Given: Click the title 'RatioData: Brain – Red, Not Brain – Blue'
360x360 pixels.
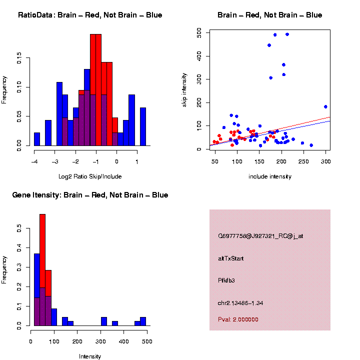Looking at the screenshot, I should [90, 15].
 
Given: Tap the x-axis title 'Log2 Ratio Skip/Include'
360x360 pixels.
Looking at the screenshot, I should [89, 176].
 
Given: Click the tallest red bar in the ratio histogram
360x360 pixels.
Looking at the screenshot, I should [96, 90].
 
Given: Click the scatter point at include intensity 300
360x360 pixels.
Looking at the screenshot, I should [325, 106].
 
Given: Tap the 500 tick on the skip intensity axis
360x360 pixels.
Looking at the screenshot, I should [199, 32].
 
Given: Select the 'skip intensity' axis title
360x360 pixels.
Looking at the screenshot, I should [184, 89].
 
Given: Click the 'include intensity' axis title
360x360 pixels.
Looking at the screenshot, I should [270, 176].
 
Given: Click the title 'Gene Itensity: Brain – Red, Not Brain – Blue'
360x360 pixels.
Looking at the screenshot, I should [90, 195].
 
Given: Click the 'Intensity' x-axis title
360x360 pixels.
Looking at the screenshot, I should [90, 356].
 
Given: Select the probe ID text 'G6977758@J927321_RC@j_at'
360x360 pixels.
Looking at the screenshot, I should [260, 235].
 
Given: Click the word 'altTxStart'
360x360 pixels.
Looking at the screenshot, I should [231, 258].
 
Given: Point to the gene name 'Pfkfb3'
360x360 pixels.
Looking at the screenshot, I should [226, 280].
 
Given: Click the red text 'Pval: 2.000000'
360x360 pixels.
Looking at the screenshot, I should [238, 319].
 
